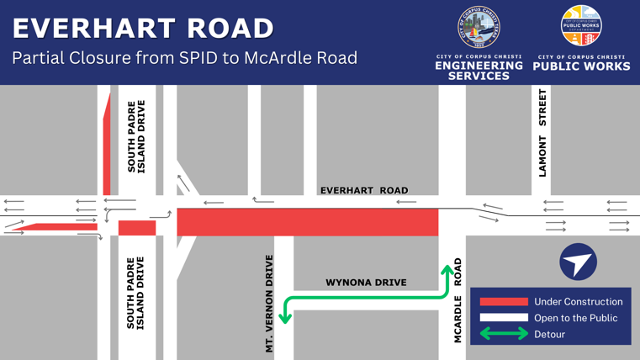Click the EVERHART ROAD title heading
143,28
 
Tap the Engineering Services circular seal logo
479,28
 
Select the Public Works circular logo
581,26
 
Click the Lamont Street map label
542,133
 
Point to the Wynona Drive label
366,283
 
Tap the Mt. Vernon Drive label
269,303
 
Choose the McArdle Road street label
458,300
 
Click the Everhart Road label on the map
364,190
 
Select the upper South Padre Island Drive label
136,136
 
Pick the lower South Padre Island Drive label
136,293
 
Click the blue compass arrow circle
579,262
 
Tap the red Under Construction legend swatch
503,301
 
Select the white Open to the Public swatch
503,318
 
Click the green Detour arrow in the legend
503,334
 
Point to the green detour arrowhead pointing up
447,271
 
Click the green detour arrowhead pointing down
286,317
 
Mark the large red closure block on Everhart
308,223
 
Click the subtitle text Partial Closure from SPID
184,58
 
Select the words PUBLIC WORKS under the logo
581,66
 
